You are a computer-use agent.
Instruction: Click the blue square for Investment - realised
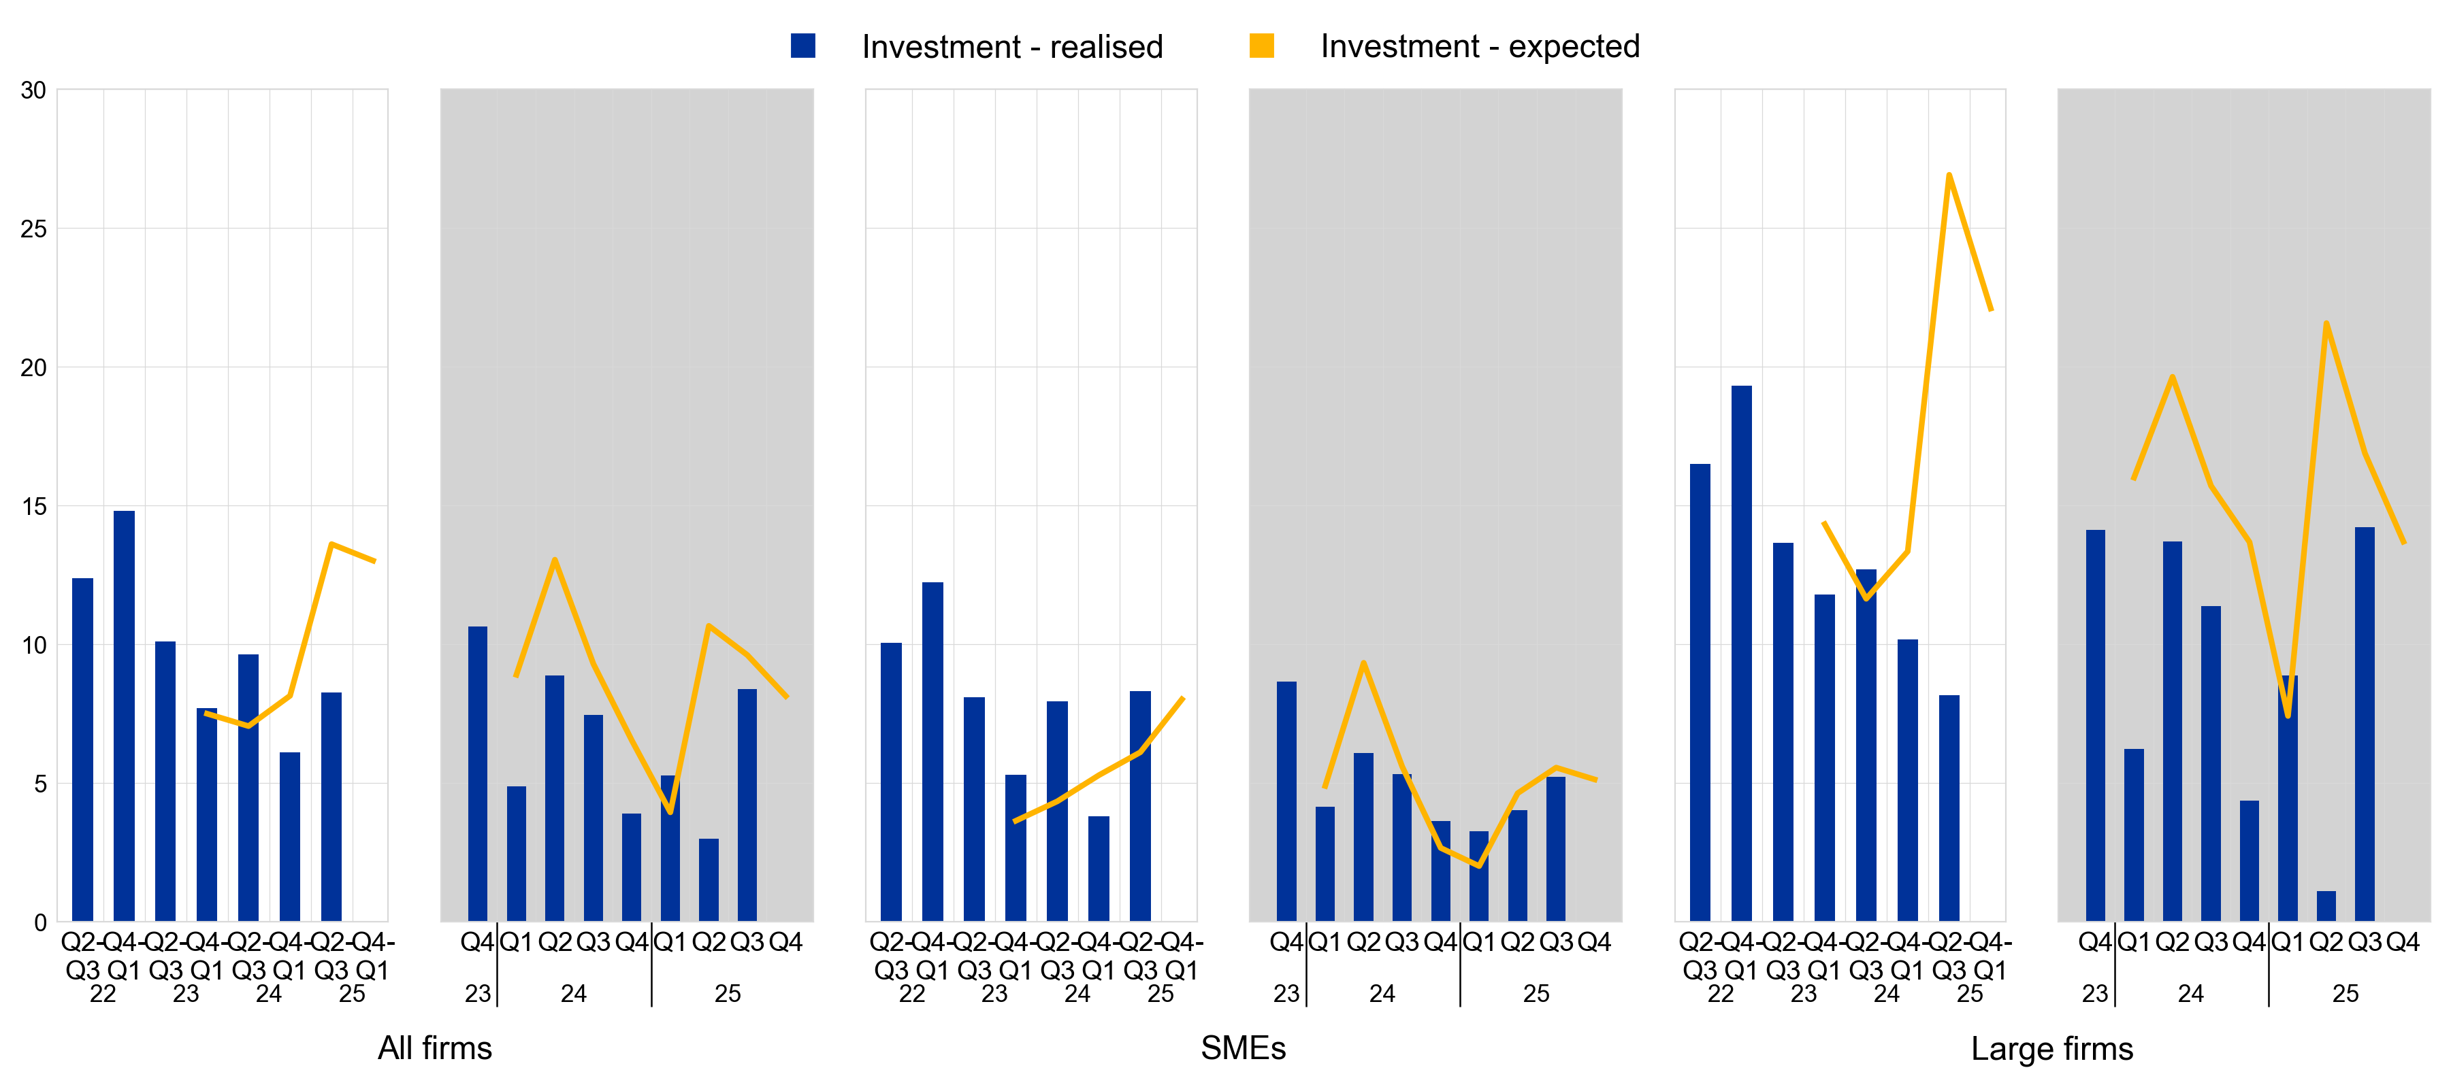click(802, 46)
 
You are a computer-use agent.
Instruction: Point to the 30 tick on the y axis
click(33, 90)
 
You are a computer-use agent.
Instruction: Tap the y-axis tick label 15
click(33, 506)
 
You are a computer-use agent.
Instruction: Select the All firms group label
click(435, 1048)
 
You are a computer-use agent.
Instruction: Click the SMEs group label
click(1243, 1048)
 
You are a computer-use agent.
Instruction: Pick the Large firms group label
click(2051, 1048)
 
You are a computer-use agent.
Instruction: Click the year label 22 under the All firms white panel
click(103, 994)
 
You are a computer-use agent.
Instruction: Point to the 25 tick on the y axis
click(33, 229)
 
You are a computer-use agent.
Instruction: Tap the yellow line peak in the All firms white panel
click(330, 544)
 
